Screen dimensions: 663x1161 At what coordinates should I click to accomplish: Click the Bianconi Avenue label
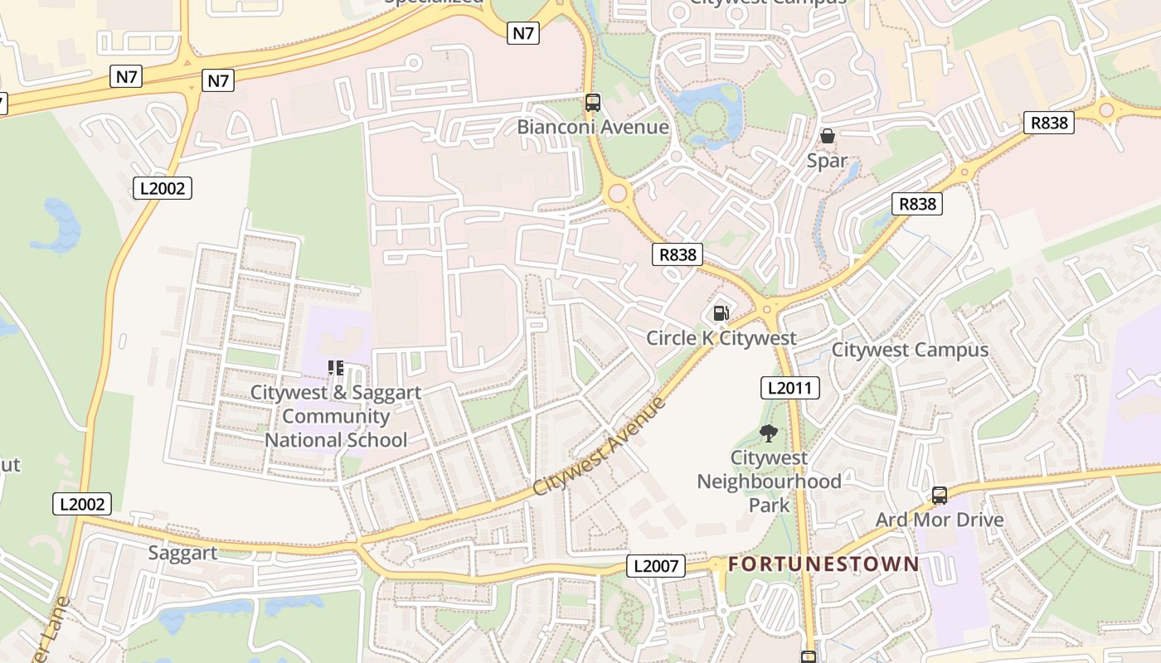point(592,127)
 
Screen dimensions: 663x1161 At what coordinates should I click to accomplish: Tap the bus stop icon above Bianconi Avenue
point(592,103)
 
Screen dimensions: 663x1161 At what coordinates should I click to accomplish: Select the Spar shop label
point(827,161)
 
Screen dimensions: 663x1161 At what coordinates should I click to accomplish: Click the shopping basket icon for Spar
point(827,136)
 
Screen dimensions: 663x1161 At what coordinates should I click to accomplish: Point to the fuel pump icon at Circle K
point(721,313)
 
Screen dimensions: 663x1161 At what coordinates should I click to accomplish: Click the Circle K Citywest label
point(721,338)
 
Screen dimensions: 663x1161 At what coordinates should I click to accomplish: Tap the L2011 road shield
point(789,388)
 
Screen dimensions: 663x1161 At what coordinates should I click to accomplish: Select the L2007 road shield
point(655,567)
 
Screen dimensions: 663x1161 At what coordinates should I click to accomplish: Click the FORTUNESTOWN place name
point(823,564)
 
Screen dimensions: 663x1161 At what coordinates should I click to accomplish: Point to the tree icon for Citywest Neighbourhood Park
point(769,433)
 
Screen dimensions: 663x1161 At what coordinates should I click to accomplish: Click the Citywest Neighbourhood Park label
point(769,481)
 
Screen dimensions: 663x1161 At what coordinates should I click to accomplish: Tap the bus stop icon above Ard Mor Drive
point(939,496)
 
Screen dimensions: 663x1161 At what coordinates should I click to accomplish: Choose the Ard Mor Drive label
point(939,520)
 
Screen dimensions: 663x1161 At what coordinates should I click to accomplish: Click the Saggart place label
point(182,553)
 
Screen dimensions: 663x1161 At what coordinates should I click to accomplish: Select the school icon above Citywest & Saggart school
point(336,367)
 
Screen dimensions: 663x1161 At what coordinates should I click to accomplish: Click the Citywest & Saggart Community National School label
point(336,416)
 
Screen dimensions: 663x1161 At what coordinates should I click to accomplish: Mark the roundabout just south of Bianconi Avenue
point(617,195)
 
